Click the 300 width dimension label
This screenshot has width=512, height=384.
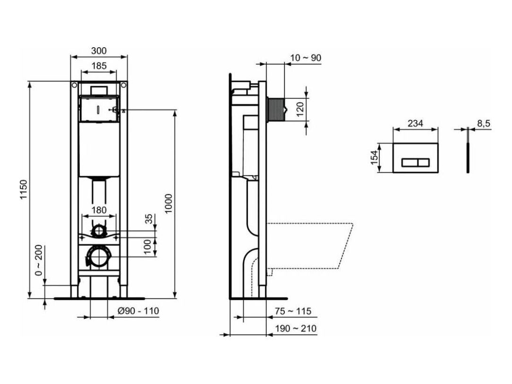pos(99,51)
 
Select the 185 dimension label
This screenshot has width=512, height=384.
pos(99,66)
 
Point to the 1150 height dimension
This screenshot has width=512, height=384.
pos(24,189)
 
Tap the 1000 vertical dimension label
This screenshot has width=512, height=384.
pos(169,204)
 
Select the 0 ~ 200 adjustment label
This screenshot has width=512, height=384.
pos(39,260)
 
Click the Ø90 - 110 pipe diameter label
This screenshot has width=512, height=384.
pos(138,311)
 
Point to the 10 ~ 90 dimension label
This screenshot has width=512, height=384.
pos(306,58)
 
